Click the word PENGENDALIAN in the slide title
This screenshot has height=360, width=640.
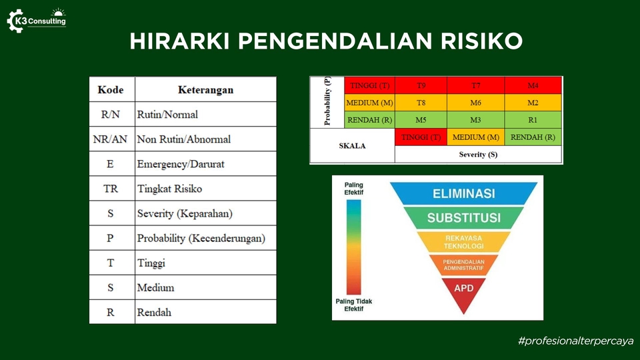335,41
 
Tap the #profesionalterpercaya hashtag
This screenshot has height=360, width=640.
575,341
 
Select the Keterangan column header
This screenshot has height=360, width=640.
206,89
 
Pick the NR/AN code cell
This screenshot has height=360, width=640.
110,139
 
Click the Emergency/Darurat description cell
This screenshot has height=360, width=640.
206,164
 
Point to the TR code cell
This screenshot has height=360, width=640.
110,189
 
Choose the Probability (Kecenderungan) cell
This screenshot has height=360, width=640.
206,238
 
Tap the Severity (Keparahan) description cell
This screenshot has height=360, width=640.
206,213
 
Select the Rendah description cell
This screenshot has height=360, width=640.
206,312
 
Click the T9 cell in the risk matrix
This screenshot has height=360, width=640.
421,85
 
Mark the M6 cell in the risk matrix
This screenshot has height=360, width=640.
476,103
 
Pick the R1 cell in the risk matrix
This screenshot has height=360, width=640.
533,120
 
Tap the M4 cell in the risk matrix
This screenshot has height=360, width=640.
533,85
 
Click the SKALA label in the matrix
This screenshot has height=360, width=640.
352,146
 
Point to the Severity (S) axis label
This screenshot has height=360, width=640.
478,154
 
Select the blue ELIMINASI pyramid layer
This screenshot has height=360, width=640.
464,193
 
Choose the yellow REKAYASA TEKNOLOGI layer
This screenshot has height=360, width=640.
464,241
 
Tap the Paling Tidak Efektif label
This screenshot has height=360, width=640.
354,305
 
